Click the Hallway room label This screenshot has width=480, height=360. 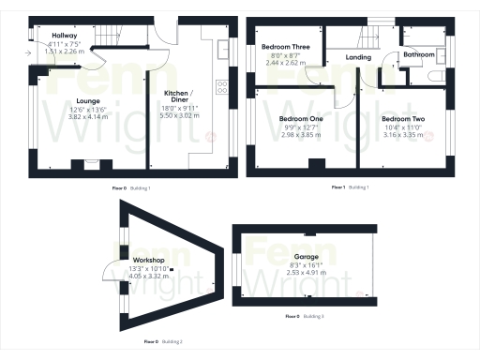(x=65, y=35)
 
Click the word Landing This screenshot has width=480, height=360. (x=358, y=57)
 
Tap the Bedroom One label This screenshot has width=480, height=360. (x=301, y=119)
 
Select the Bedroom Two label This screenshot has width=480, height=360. (x=403, y=119)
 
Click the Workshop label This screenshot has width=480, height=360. (x=150, y=259)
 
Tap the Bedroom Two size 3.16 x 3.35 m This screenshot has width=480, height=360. (x=403, y=135)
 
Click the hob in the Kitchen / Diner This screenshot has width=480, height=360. (x=222, y=87)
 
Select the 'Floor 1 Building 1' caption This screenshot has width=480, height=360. (x=351, y=187)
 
